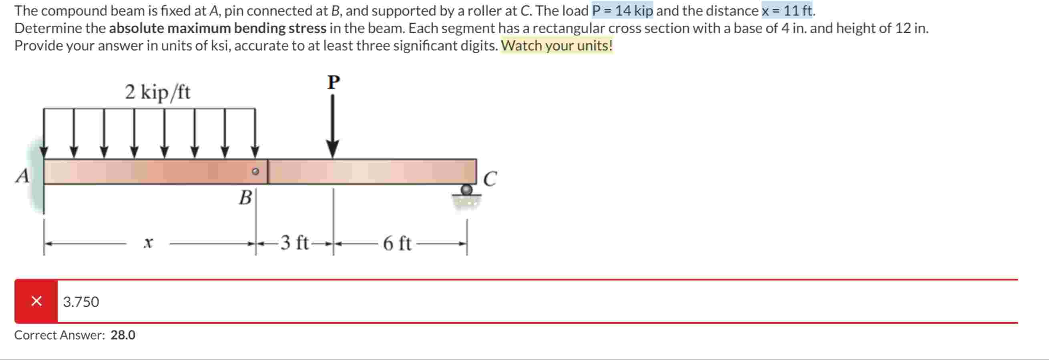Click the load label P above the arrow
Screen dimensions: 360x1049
(333, 82)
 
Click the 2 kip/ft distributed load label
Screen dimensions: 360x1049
(157, 92)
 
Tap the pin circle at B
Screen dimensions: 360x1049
(255, 171)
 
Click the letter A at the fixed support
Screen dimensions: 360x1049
(23, 176)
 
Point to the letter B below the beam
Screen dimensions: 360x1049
(245, 198)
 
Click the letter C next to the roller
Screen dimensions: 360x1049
(490, 178)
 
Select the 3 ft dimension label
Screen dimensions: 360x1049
(294, 243)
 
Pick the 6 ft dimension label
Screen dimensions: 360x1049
(397, 243)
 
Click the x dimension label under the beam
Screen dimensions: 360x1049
(148, 243)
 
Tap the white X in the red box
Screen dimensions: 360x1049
(36, 301)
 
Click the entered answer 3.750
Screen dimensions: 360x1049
(81, 302)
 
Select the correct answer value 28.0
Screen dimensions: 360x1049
(123, 335)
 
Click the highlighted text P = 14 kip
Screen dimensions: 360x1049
(622, 10)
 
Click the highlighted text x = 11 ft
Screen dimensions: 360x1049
(786, 10)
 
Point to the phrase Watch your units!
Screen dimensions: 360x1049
(556, 46)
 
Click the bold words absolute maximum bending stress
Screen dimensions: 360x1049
(217, 28)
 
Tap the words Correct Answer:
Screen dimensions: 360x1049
(59, 335)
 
